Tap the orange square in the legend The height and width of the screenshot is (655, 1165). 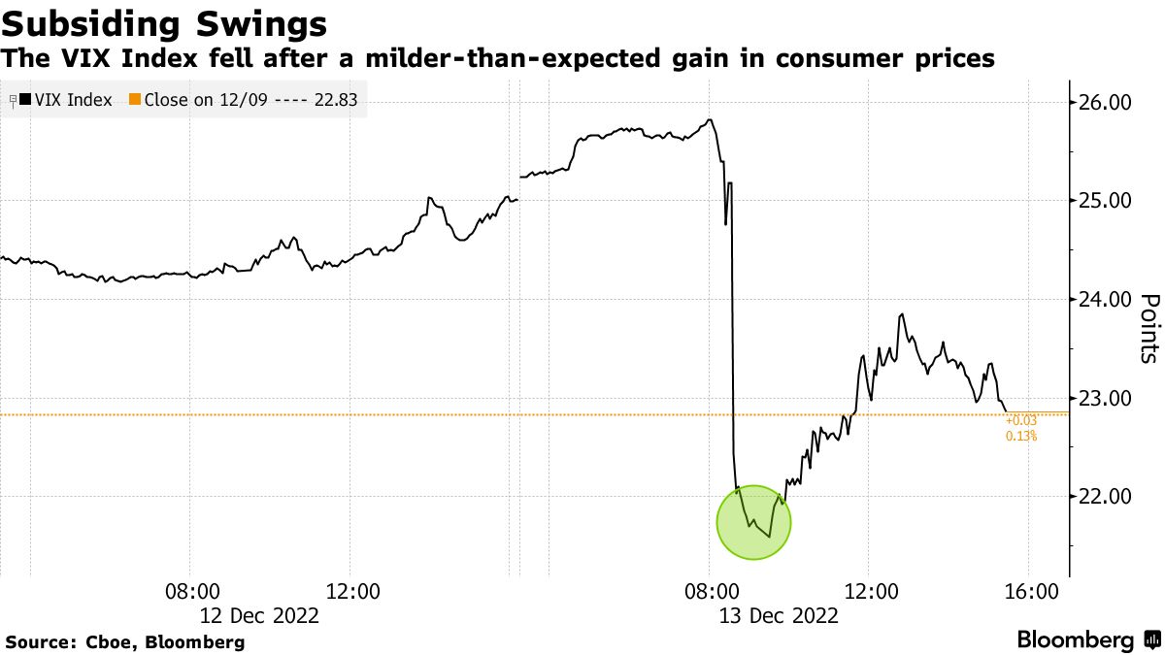point(135,99)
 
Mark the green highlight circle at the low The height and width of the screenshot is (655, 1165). point(754,522)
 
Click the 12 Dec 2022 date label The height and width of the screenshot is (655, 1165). point(259,614)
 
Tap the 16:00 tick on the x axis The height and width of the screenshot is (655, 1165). point(1029,591)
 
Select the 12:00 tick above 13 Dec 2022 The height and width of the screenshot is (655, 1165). point(870,591)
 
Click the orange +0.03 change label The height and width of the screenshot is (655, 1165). point(1020,420)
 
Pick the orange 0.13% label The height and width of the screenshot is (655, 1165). point(1020,436)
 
